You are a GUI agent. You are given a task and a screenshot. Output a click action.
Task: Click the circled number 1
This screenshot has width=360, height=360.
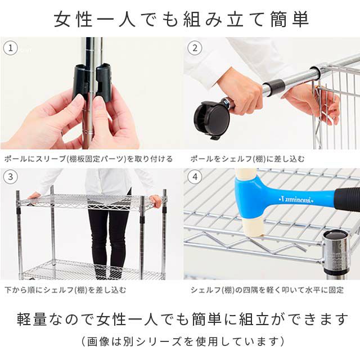(x=10, y=48)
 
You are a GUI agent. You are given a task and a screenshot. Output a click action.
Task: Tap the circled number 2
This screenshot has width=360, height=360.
(x=195, y=48)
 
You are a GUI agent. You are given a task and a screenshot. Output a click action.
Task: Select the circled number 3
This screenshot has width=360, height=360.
(x=10, y=177)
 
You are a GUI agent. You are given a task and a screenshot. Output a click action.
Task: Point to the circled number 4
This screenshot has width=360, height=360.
(x=195, y=177)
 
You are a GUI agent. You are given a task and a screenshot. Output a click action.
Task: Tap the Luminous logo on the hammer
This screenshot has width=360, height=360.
(x=296, y=200)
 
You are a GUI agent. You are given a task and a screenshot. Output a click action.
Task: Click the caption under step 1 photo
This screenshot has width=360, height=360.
(x=88, y=159)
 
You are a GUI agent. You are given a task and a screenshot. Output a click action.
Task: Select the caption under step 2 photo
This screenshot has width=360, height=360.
(x=247, y=159)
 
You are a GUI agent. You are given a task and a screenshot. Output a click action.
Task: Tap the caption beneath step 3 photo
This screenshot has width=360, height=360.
(x=65, y=290)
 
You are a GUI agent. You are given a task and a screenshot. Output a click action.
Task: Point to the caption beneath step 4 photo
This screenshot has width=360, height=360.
(x=267, y=290)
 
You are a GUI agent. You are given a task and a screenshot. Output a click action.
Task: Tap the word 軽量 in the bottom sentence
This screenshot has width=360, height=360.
(x=31, y=319)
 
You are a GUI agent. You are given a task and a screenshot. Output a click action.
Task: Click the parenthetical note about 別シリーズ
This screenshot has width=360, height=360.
(x=183, y=341)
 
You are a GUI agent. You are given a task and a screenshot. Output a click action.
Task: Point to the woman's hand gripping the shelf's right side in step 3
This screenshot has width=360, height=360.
(x=156, y=201)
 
